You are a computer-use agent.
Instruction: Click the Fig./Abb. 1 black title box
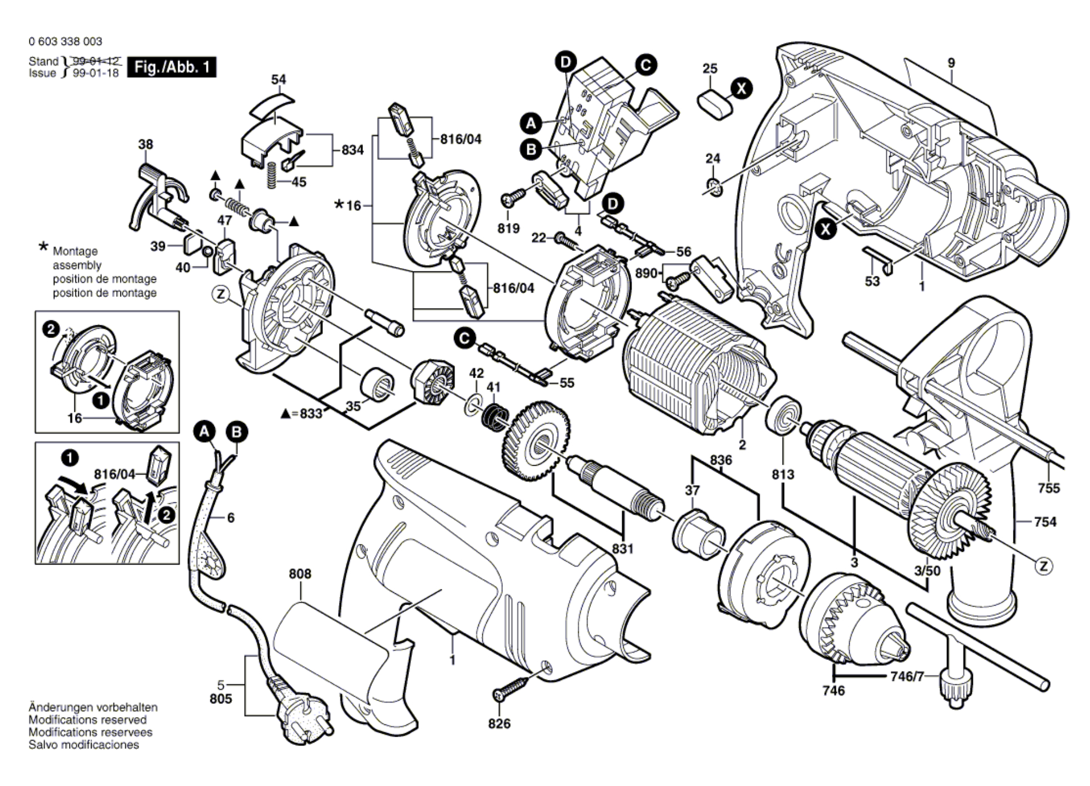point(171,67)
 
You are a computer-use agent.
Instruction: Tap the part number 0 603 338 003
point(65,42)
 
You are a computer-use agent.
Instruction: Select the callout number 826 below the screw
point(499,724)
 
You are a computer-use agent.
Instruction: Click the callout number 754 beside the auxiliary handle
point(1045,522)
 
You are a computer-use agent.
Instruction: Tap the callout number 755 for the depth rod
point(1048,488)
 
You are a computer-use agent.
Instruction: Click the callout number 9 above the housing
point(951,63)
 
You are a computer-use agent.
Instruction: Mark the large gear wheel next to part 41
point(536,440)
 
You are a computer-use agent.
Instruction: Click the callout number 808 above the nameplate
point(300,573)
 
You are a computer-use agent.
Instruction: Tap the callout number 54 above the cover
point(279,79)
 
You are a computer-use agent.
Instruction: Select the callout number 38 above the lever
point(145,144)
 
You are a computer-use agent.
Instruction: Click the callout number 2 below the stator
point(742,445)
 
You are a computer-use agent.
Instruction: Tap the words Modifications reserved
point(88,720)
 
